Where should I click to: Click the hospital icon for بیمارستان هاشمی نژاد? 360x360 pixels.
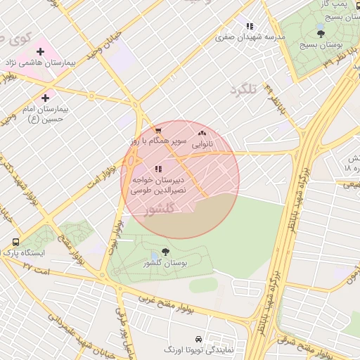(x=40, y=51)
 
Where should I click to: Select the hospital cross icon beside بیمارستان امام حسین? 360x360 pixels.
(x=46, y=98)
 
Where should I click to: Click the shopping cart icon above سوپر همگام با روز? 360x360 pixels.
(x=158, y=130)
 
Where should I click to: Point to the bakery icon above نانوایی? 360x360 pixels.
(x=202, y=132)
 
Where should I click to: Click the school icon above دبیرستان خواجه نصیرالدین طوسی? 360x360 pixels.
(x=158, y=169)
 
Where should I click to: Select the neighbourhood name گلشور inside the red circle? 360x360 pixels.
(x=159, y=210)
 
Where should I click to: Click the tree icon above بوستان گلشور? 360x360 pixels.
(x=165, y=252)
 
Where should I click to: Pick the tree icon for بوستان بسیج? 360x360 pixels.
(x=321, y=33)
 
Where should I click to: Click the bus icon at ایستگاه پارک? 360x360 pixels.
(x=16, y=243)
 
